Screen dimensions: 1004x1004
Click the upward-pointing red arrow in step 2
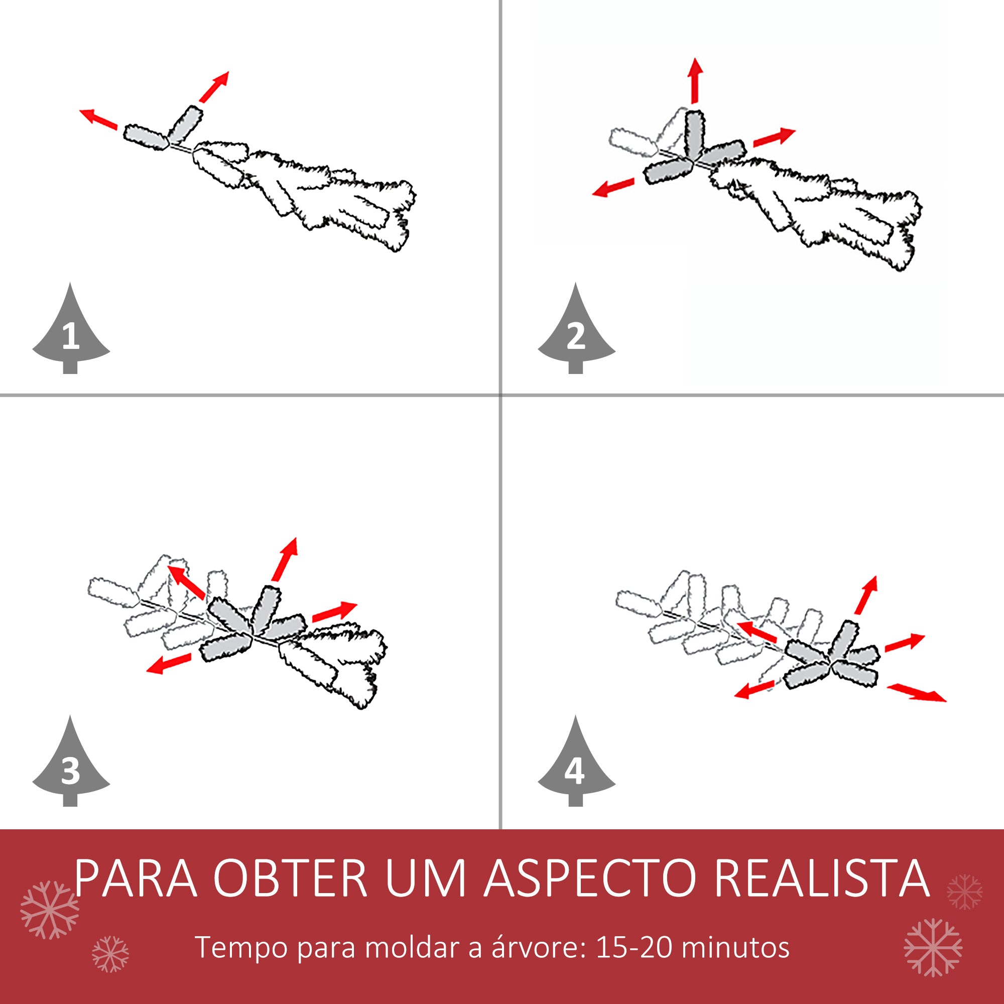(695, 80)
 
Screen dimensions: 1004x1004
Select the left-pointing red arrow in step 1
(98, 118)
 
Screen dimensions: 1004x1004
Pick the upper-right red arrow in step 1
(213, 87)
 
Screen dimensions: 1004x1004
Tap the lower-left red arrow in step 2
(613, 187)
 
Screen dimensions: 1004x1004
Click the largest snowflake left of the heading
(49, 910)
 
